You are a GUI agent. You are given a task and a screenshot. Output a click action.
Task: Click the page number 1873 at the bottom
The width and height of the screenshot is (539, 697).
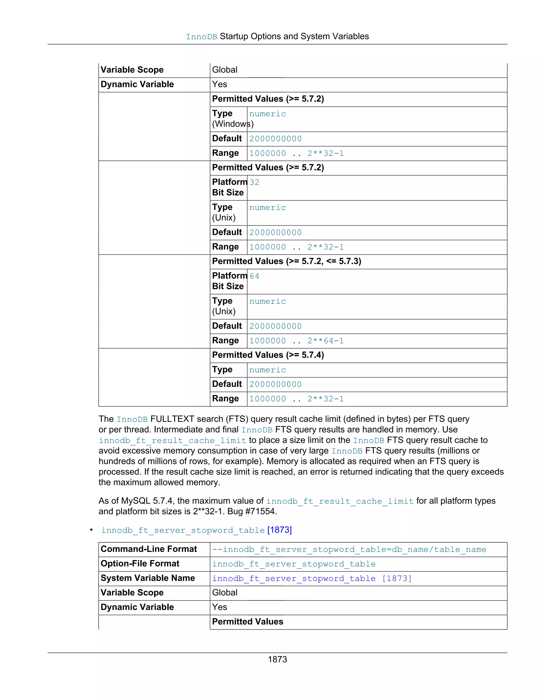[x=277, y=659]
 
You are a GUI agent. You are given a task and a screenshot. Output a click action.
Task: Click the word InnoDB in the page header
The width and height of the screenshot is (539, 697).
[x=202, y=37]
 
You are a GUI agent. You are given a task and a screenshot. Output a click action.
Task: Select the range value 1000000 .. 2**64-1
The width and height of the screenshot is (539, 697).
[x=296, y=341]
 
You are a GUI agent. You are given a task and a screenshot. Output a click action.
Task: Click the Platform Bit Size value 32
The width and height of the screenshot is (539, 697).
[x=254, y=183]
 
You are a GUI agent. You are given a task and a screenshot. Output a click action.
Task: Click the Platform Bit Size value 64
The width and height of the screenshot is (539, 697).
[x=254, y=276]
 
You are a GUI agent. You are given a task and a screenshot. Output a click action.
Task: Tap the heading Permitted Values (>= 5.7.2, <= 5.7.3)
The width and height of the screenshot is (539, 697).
[x=286, y=261]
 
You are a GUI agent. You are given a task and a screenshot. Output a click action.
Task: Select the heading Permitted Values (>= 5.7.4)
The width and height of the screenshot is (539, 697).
[x=268, y=355]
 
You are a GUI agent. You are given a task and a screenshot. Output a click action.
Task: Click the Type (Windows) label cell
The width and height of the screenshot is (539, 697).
[x=228, y=119]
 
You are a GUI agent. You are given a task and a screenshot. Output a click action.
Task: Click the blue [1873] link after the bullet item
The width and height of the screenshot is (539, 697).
[x=280, y=530]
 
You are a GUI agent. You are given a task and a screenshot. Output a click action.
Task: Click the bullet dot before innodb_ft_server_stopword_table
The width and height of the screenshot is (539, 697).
[x=92, y=530]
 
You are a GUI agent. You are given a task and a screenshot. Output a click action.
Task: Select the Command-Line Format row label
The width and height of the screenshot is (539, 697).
[x=149, y=549]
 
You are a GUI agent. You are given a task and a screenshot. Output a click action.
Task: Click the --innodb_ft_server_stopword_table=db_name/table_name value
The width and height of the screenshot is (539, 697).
[x=349, y=549]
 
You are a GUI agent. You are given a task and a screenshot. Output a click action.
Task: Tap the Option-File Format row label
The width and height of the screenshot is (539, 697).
[x=140, y=564]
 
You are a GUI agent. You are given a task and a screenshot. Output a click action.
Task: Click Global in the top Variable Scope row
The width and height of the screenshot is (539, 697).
[x=224, y=70]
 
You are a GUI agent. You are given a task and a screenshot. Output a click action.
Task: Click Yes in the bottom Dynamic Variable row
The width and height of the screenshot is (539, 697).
[x=219, y=607]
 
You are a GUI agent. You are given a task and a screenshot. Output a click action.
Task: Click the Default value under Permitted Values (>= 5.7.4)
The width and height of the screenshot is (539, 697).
[x=275, y=385]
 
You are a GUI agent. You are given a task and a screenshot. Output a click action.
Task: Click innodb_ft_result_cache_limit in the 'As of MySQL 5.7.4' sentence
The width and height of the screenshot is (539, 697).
[x=340, y=501]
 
